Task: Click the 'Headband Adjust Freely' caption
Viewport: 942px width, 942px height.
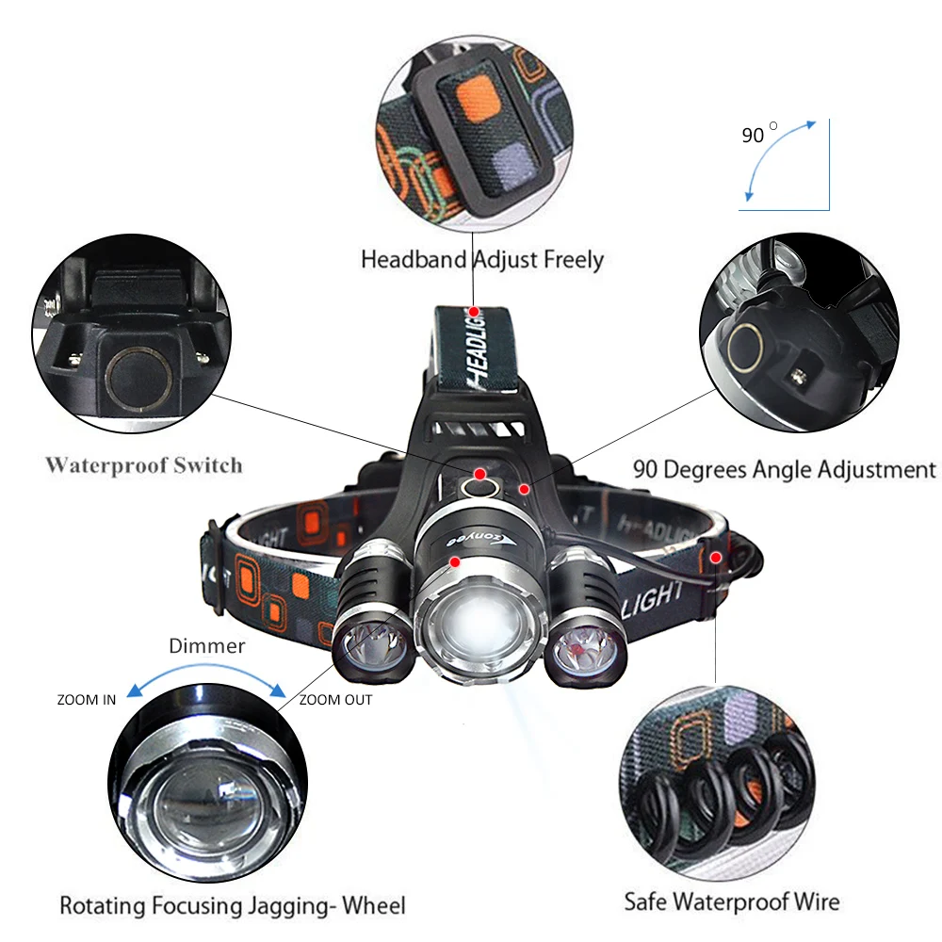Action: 481,258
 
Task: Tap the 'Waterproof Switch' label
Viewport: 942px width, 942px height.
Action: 143,464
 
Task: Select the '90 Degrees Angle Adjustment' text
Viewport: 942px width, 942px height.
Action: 784,469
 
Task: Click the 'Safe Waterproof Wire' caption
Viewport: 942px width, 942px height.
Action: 731,901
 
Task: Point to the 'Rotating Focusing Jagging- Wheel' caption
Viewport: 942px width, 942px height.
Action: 233,906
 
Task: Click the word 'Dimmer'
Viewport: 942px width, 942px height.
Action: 206,646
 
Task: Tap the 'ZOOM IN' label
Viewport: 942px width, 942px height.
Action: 87,700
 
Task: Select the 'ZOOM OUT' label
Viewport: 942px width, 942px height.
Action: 335,700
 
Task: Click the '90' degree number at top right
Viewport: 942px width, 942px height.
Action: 753,136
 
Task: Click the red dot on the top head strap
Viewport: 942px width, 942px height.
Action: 474,310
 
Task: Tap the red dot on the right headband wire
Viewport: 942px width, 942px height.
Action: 716,557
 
